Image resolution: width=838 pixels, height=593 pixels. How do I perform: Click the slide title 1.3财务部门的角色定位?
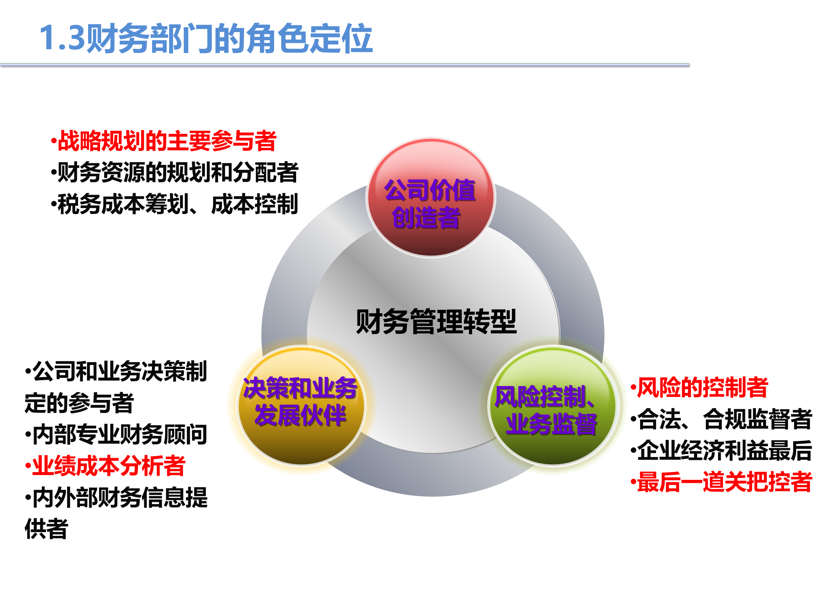tap(206, 38)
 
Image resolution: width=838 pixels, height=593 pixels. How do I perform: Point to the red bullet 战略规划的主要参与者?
tap(164, 141)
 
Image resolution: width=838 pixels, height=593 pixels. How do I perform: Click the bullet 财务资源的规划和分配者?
tap(175, 173)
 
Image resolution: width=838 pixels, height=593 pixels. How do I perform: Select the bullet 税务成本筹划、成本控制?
tap(175, 204)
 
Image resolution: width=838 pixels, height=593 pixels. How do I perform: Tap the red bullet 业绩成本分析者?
tap(105, 466)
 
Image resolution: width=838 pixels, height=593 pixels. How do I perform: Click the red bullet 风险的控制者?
tap(699, 388)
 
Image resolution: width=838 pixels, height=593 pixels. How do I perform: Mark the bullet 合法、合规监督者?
tap(721, 419)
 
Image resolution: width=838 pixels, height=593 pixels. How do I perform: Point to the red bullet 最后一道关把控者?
tap(721, 482)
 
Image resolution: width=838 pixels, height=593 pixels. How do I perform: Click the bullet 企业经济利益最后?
tap(721, 451)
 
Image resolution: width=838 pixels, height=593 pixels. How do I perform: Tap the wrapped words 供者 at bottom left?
tap(46, 529)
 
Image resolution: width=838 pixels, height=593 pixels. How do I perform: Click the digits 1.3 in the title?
tap(62, 38)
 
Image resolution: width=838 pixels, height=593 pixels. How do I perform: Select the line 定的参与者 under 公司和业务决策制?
tap(79, 403)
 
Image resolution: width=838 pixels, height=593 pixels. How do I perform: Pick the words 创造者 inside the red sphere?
tap(426, 218)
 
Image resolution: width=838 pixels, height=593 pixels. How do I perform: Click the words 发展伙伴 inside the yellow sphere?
tap(300, 415)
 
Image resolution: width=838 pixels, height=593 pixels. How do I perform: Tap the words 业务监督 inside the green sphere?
tap(551, 424)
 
